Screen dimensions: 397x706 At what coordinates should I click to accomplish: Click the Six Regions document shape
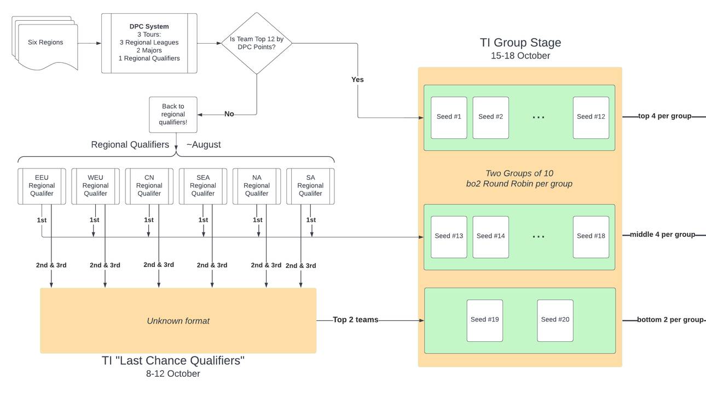pos(45,43)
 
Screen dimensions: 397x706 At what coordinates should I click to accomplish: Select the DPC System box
pos(149,43)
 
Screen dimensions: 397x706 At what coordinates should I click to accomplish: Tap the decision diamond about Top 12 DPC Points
pos(257,43)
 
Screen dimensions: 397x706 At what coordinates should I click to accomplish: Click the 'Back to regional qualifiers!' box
pos(173,114)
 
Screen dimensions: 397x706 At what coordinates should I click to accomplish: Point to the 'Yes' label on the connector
pos(357,80)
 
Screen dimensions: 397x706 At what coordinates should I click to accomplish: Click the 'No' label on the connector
pos(229,114)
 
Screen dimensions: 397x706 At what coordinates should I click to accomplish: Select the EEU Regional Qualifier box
pos(42,186)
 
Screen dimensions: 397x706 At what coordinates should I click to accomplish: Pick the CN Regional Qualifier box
pos(149,186)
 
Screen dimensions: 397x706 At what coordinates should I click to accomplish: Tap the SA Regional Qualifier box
pos(310,186)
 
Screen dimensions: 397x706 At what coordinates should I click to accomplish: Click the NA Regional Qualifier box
pos(257,186)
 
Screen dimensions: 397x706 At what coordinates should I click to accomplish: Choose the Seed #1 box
pos(449,117)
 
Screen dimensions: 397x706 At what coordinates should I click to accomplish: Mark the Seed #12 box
pos(591,117)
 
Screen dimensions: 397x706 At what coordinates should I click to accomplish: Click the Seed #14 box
pos(490,236)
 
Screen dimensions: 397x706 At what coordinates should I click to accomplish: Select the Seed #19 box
pos(484,320)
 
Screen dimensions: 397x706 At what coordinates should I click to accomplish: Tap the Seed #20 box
pos(555,320)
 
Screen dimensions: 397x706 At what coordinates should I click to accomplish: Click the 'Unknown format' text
pos(178,321)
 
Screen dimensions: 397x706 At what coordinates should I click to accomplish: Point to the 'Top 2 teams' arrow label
pos(356,320)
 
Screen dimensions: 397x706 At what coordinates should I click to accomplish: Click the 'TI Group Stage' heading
pos(520,43)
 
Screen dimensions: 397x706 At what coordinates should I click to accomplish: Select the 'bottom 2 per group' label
pos(670,320)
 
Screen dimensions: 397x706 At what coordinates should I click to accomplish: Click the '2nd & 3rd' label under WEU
pos(105,265)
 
